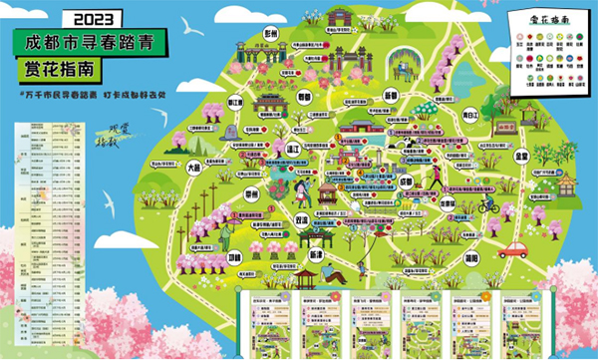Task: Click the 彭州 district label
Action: (268, 33)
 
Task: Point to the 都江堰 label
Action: (235, 102)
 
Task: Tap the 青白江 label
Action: (470, 114)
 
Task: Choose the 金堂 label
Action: (521, 157)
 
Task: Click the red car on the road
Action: (512, 247)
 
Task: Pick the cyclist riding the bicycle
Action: (486, 203)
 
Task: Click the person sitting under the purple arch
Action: (403, 70)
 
